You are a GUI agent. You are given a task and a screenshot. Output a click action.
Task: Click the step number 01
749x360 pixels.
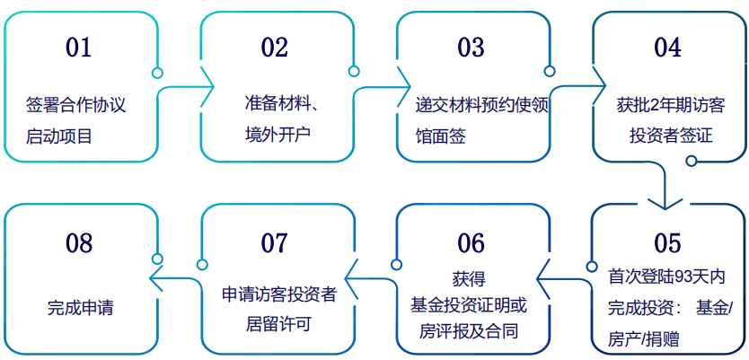pos(78,48)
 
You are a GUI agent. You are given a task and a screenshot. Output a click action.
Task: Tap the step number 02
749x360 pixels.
pos(275,48)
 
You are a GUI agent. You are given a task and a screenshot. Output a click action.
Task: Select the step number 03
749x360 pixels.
pos(471,48)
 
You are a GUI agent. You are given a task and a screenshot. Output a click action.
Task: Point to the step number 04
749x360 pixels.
pos(667,48)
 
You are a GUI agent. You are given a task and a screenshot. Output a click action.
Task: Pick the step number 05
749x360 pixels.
pos(667,243)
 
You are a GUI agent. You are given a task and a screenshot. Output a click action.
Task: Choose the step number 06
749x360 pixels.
pos(471,243)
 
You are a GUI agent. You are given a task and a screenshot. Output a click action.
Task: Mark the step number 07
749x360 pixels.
pos(275,243)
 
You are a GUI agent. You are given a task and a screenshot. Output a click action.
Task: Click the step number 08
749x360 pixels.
pos(78,243)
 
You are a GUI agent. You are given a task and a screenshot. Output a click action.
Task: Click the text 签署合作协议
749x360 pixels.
pos(76,105)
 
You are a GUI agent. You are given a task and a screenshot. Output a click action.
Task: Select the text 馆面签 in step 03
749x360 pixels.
pos(440,136)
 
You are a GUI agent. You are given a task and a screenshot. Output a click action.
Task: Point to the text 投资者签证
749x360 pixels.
pos(671,136)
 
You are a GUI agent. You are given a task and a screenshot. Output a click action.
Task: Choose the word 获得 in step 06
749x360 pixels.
pos(469,280)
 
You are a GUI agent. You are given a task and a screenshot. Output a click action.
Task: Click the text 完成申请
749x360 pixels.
pos(81,308)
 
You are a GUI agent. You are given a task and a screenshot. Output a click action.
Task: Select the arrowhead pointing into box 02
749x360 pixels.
pos(207,86)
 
